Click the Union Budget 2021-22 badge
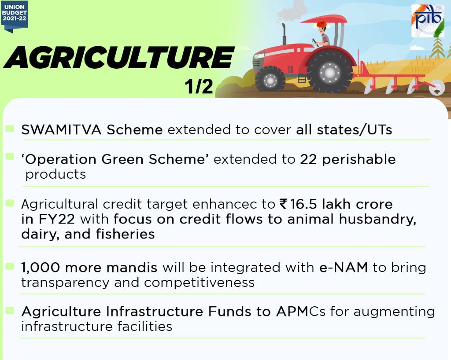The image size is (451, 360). (15, 15)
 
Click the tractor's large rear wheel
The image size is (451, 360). (330, 71)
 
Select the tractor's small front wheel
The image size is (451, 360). (270, 79)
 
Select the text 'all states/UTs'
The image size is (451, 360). (344, 130)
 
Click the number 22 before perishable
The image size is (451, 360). (309, 159)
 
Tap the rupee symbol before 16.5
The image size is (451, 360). (283, 204)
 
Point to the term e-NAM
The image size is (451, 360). (344, 268)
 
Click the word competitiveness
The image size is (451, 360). (199, 283)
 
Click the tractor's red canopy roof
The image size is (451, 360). (326, 19)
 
